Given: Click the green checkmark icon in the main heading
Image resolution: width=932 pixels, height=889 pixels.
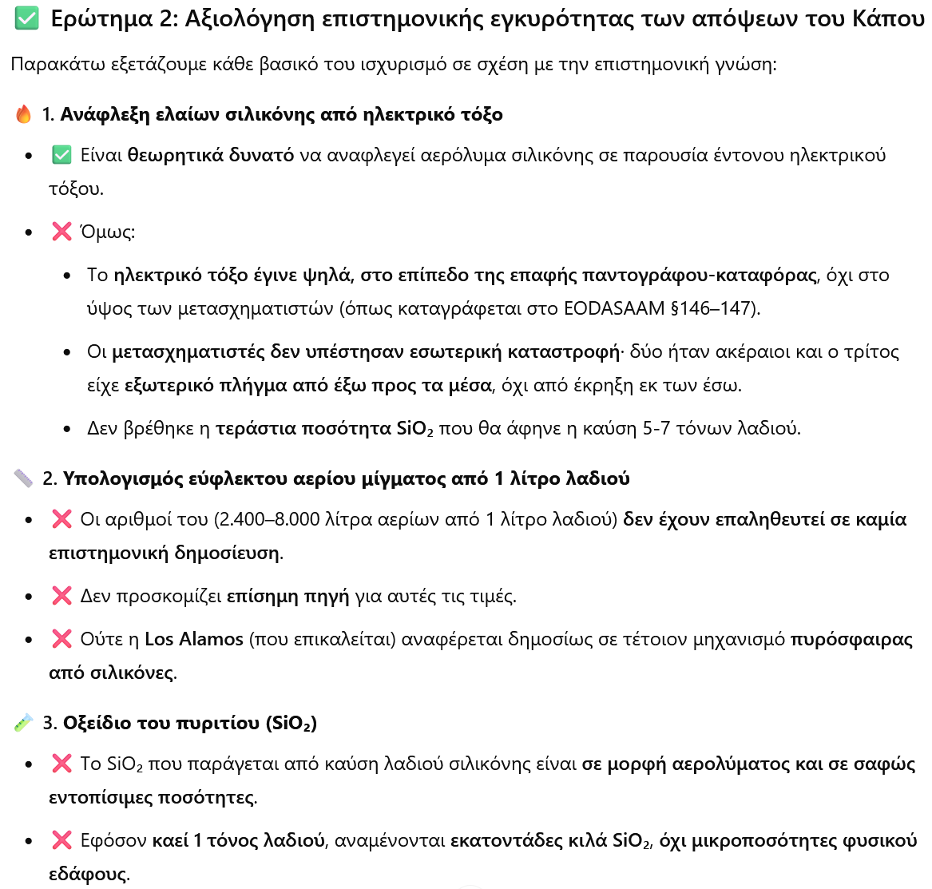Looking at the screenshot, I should point(26,18).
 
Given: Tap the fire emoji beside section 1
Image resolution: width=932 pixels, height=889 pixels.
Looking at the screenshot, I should point(23,114).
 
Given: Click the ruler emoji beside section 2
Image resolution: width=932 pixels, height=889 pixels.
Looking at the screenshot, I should point(23,478).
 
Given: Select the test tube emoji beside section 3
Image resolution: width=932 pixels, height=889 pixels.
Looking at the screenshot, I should point(23,723).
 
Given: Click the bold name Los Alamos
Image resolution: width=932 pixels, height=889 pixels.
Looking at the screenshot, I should point(194,639).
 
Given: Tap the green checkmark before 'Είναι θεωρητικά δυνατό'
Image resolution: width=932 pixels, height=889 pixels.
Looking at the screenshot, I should point(61,155).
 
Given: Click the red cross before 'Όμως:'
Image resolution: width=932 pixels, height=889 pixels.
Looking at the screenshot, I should point(61,232).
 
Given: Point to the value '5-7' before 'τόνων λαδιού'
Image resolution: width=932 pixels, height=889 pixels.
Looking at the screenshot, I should point(656,428).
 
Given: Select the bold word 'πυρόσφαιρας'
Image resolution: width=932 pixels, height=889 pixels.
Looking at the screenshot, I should point(851,639).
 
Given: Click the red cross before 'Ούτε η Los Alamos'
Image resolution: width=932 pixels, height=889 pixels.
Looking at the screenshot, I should point(61,639).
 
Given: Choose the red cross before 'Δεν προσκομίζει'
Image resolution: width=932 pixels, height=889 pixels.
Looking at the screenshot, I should point(61,596).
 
